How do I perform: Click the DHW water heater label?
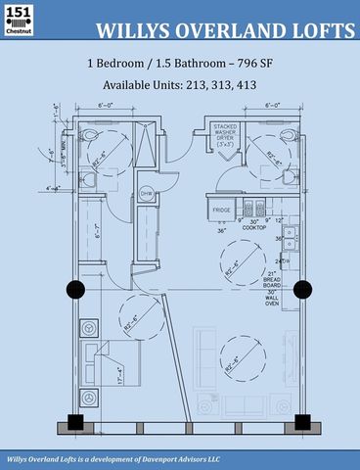[x=148, y=194]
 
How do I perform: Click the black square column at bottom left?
[x=74, y=424]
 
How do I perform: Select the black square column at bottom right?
[x=302, y=423]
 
